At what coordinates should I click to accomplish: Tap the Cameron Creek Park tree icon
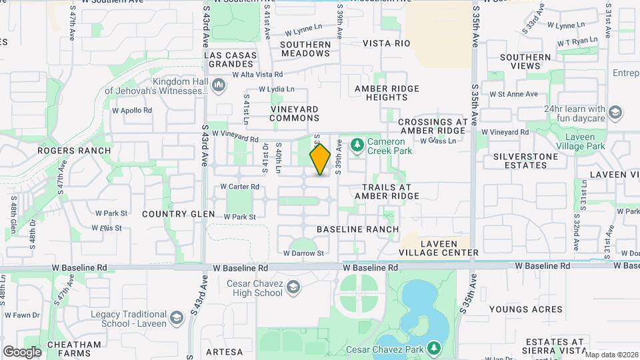(357, 144)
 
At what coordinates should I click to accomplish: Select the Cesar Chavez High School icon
(294, 287)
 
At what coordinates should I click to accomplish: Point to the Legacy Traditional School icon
(176, 317)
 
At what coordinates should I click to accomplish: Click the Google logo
(22, 351)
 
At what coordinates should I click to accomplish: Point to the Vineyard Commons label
(295, 113)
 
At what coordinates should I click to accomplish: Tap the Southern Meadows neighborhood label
(305, 49)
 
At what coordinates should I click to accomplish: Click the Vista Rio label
(386, 43)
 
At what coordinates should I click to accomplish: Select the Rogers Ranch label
(74, 151)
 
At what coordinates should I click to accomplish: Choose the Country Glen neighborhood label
(179, 214)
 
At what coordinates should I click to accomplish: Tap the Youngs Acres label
(525, 309)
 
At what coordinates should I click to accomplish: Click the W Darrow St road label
(303, 253)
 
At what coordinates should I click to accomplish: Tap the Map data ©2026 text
(611, 355)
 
